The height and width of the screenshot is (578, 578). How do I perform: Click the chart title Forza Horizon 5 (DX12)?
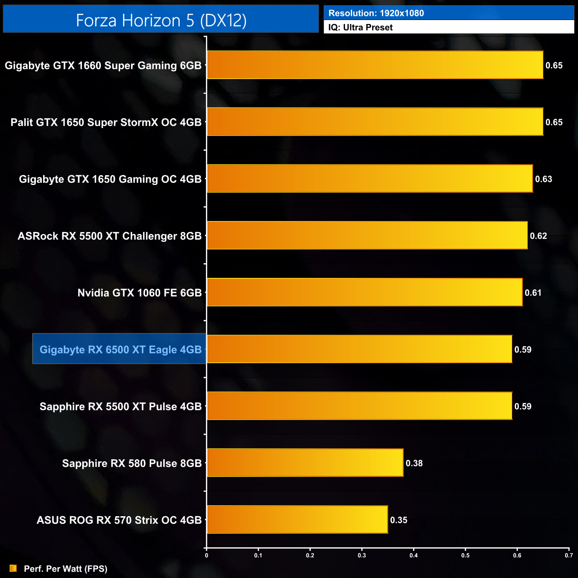161,20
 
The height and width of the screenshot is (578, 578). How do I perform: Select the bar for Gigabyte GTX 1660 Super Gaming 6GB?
375,65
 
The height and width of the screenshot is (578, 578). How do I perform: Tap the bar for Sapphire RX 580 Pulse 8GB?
305,463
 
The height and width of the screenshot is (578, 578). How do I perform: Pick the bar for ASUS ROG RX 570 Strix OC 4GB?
297,519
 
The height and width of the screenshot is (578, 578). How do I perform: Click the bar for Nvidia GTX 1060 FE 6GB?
365,292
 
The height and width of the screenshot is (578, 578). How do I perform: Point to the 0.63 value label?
543,179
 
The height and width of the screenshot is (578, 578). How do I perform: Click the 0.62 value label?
538,236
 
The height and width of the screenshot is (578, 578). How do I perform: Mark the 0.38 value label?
414,463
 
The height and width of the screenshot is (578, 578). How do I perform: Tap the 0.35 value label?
398,520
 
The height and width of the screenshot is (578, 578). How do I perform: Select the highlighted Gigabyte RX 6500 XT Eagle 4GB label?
120,349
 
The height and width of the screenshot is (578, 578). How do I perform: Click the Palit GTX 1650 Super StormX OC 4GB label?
106,122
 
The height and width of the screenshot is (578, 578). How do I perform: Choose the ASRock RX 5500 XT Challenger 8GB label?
109,236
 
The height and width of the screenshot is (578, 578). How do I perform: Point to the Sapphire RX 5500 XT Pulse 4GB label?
120,406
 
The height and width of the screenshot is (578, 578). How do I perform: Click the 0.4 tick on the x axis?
413,555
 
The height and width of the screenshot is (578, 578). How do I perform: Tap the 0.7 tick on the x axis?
569,555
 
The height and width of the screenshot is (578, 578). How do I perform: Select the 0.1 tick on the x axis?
258,555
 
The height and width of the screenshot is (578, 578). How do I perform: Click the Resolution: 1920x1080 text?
376,13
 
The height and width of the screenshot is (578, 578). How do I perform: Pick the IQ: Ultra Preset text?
360,28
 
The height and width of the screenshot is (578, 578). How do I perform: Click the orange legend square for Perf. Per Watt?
13,568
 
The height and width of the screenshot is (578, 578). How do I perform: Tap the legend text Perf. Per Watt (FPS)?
65,569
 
